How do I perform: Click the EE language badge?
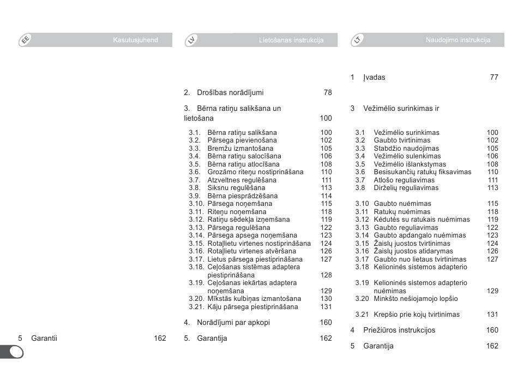tap(25, 40)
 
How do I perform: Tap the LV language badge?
tap(191, 40)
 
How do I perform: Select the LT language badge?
tap(357, 40)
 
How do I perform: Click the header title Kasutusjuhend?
tap(135, 40)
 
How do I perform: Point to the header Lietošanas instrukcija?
tap(291, 40)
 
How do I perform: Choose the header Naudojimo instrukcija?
tap(457, 40)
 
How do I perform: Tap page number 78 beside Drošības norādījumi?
tap(327, 93)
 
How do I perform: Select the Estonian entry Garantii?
tap(44, 339)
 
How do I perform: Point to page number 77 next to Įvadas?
tap(493, 78)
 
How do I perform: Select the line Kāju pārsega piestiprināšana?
tap(252, 307)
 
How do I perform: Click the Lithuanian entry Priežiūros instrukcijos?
tap(399, 330)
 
